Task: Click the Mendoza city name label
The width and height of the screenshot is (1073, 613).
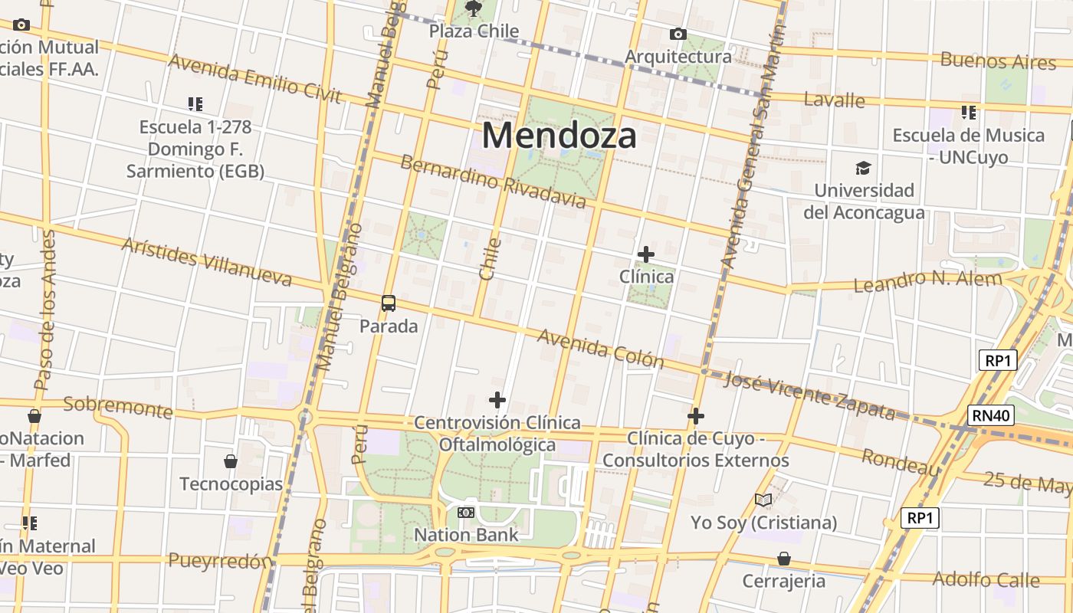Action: point(559,136)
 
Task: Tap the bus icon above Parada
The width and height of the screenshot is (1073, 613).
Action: point(389,303)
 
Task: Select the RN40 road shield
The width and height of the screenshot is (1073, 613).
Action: point(990,415)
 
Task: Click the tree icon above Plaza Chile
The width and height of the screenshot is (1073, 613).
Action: point(474,9)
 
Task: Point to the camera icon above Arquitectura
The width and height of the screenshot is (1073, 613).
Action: point(678,34)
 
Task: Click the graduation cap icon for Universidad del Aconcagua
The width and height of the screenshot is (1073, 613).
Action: point(864,168)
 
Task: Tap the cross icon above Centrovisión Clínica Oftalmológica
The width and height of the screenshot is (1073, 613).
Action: point(497,400)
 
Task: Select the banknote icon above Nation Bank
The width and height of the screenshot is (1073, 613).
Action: point(466,512)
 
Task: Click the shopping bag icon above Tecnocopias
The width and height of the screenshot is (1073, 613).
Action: point(231,461)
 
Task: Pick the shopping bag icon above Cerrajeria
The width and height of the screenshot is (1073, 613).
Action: point(783,558)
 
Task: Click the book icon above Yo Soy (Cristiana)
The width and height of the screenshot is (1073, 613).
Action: point(763,500)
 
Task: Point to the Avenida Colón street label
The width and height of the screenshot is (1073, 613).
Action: point(600,349)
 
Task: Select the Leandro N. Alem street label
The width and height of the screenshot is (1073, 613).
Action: point(927,281)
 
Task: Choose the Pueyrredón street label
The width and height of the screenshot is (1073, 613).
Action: point(220,560)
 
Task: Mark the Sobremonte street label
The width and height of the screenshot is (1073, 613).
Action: point(118,407)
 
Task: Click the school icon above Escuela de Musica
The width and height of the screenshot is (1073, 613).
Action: point(969,113)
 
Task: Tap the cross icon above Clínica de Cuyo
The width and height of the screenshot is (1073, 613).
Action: point(696,416)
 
